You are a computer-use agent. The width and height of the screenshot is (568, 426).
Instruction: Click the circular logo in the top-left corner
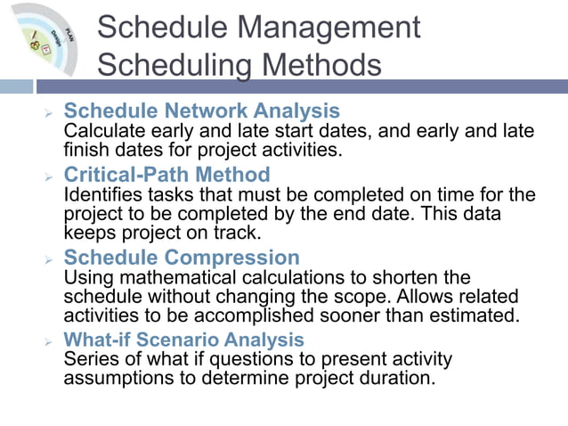click(41, 40)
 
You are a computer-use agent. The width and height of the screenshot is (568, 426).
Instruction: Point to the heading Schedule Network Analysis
click(202, 112)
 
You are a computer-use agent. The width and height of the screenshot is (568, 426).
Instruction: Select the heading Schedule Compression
click(182, 258)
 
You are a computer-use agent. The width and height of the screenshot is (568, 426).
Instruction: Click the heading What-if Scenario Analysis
click(184, 340)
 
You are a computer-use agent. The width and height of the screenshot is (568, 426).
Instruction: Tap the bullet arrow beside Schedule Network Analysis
click(49, 115)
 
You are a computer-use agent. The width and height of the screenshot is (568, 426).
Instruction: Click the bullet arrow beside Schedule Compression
click(49, 260)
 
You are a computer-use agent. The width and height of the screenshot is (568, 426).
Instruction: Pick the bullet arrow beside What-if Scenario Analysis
click(49, 341)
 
